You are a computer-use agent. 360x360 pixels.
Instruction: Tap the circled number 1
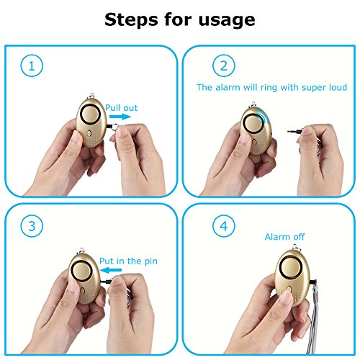[x=32, y=66]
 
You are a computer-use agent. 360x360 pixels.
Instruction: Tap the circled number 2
[x=224, y=66]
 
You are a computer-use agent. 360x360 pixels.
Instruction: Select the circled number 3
[x=32, y=226]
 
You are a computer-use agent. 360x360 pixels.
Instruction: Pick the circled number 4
[x=224, y=226]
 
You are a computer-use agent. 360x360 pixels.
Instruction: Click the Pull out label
[x=122, y=108]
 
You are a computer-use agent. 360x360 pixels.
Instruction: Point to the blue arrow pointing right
[x=120, y=117]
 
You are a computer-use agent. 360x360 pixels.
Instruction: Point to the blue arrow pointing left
[x=111, y=270]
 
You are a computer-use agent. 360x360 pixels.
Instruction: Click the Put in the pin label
[x=128, y=261]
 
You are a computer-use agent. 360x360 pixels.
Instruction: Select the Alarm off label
[x=284, y=237]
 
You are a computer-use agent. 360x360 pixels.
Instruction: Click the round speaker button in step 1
[x=91, y=114]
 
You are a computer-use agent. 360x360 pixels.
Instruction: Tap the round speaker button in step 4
[x=291, y=268]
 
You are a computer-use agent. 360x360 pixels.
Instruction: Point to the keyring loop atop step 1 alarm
[x=91, y=96]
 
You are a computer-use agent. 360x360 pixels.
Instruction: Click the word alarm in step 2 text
[x=228, y=87]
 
